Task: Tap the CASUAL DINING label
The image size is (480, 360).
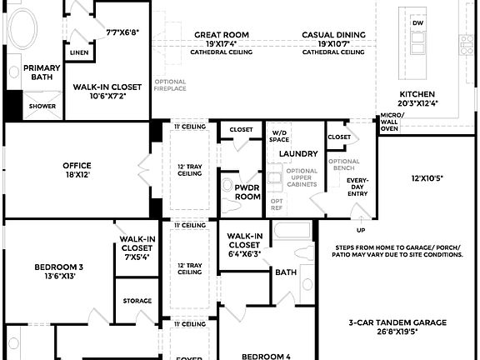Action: pos(333,35)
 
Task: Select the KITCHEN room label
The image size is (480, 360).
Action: pos(417,94)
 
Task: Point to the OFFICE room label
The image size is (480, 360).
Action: pos(77,165)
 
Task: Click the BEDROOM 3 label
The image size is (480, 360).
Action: pos(58,267)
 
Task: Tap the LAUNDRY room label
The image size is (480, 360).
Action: pos(299,154)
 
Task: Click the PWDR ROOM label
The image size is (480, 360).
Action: pos(248,192)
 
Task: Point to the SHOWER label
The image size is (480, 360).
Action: pos(42,107)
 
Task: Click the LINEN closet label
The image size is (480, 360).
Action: pos(79,52)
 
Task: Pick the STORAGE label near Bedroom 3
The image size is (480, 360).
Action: pos(137,301)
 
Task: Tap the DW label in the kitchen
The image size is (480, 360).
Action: pos(418,23)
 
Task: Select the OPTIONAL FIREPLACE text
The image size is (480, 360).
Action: pos(170,85)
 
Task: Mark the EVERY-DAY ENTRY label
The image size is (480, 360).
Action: pos(357,186)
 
